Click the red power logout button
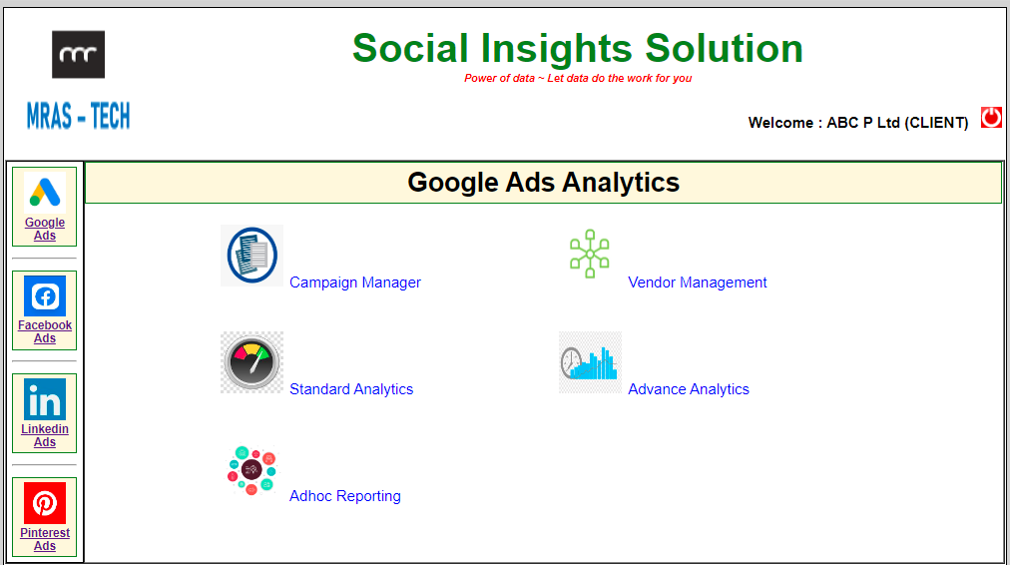tap(991, 117)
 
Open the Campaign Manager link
tap(355, 282)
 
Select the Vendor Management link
tap(697, 282)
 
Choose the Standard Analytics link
tap(351, 389)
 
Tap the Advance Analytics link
tap(688, 389)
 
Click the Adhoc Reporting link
tap(344, 496)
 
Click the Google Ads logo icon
tap(45, 192)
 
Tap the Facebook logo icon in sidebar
tap(45, 295)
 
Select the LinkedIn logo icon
tap(45, 399)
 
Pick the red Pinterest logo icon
tap(45, 503)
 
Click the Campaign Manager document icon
tap(252, 256)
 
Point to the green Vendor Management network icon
tap(590, 254)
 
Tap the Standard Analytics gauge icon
tap(252, 362)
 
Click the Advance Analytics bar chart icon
tap(590, 362)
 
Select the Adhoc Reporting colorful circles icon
tap(252, 469)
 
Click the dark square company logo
tap(78, 54)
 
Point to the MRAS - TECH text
tap(78, 117)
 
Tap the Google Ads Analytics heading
tap(544, 183)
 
